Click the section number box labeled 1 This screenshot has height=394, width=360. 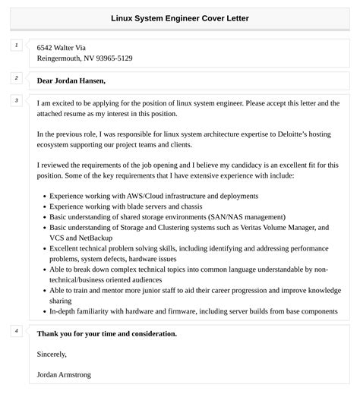click(x=17, y=46)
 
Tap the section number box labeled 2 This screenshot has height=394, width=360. click(x=17, y=78)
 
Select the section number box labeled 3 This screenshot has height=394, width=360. click(x=17, y=100)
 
